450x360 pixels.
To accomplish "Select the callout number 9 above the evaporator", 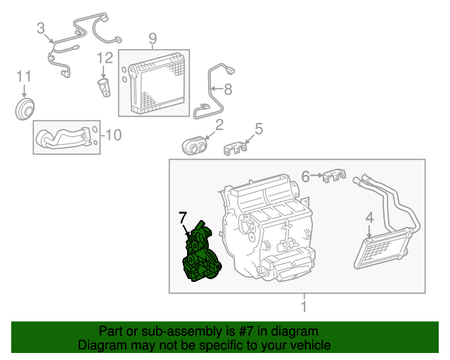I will [153, 38].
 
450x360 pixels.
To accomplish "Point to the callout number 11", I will [24, 76].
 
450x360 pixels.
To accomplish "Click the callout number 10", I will [113, 134].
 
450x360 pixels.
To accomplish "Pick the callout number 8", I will [227, 89].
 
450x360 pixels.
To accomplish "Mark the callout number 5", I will [258, 129].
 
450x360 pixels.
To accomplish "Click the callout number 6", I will [305, 176].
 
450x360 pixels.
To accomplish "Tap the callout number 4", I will [368, 219].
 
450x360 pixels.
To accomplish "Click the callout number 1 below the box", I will [303, 307].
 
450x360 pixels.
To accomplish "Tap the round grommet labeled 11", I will [27, 110].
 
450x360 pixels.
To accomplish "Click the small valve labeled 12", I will [104, 88].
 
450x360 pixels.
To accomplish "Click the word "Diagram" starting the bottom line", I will [100, 345].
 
